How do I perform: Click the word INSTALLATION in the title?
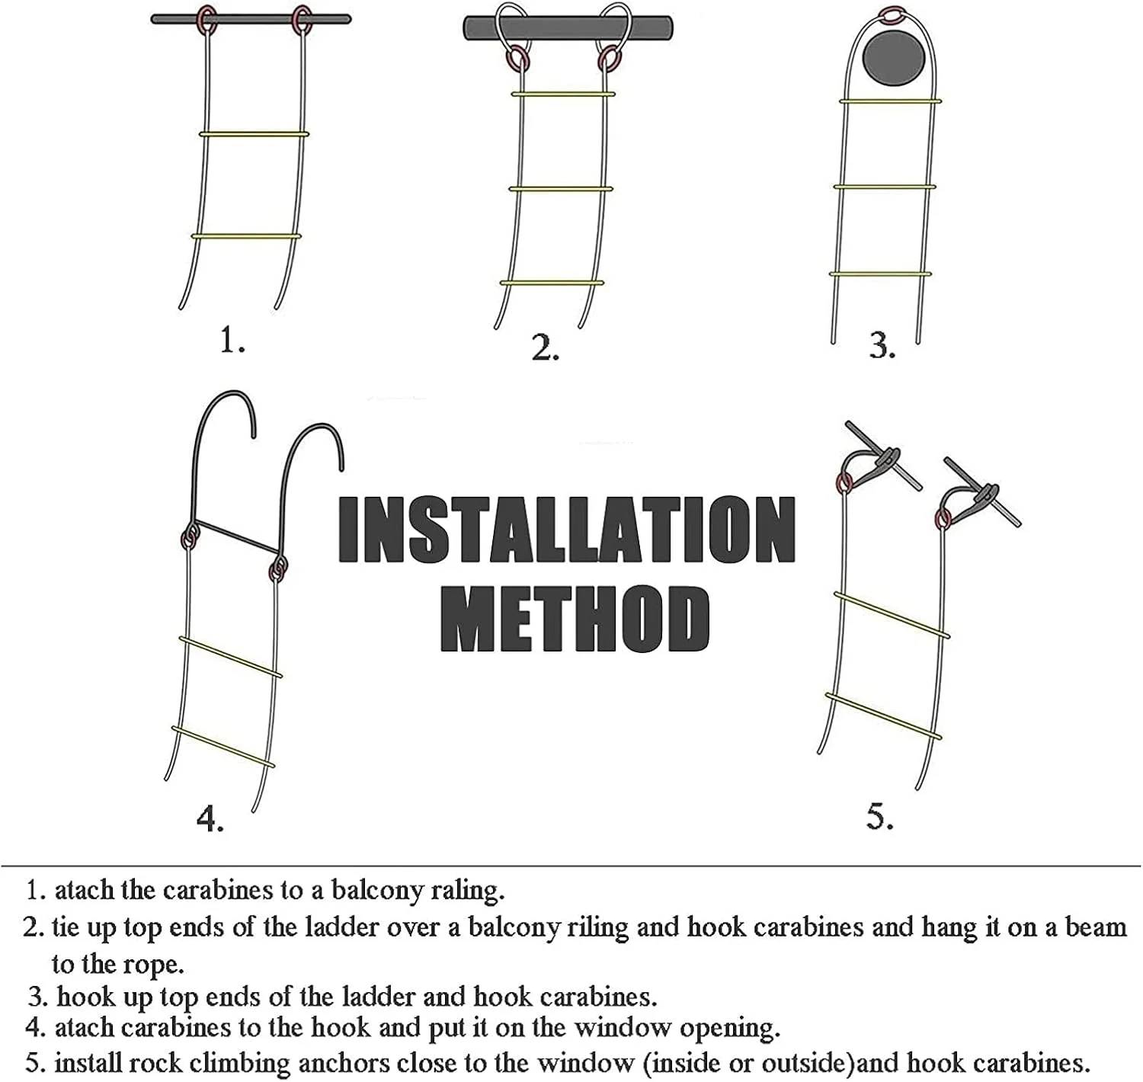pos(567,529)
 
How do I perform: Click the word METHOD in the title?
pos(575,619)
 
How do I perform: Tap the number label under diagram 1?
pos(232,340)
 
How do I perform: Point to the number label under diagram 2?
pos(545,347)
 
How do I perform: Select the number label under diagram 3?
pos(882,345)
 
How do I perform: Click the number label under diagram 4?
pos(210,819)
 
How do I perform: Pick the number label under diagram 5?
pos(879,816)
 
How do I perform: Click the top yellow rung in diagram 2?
pos(563,94)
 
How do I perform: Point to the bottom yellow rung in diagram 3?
pos(880,274)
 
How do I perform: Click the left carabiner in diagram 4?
pos(190,536)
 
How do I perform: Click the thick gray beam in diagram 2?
pos(568,28)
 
